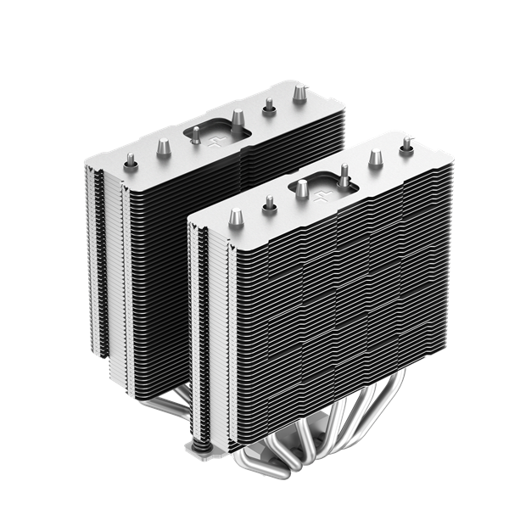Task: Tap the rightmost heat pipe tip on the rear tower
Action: click(299, 89)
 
